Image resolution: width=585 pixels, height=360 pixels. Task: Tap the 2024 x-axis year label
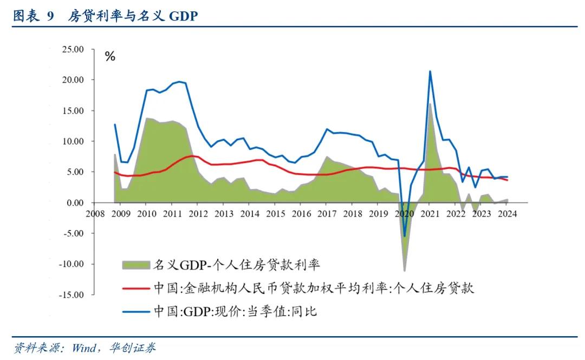point(506,213)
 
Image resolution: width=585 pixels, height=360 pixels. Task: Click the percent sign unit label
point(110,57)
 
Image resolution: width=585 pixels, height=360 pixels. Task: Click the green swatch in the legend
point(135,265)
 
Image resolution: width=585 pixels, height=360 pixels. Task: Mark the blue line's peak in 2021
point(430,71)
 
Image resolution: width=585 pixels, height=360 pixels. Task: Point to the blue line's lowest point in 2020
point(404,236)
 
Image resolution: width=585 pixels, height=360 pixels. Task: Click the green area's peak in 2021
point(430,103)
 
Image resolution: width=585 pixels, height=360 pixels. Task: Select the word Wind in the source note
point(83,348)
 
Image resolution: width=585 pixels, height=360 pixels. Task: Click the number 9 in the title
point(50,17)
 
